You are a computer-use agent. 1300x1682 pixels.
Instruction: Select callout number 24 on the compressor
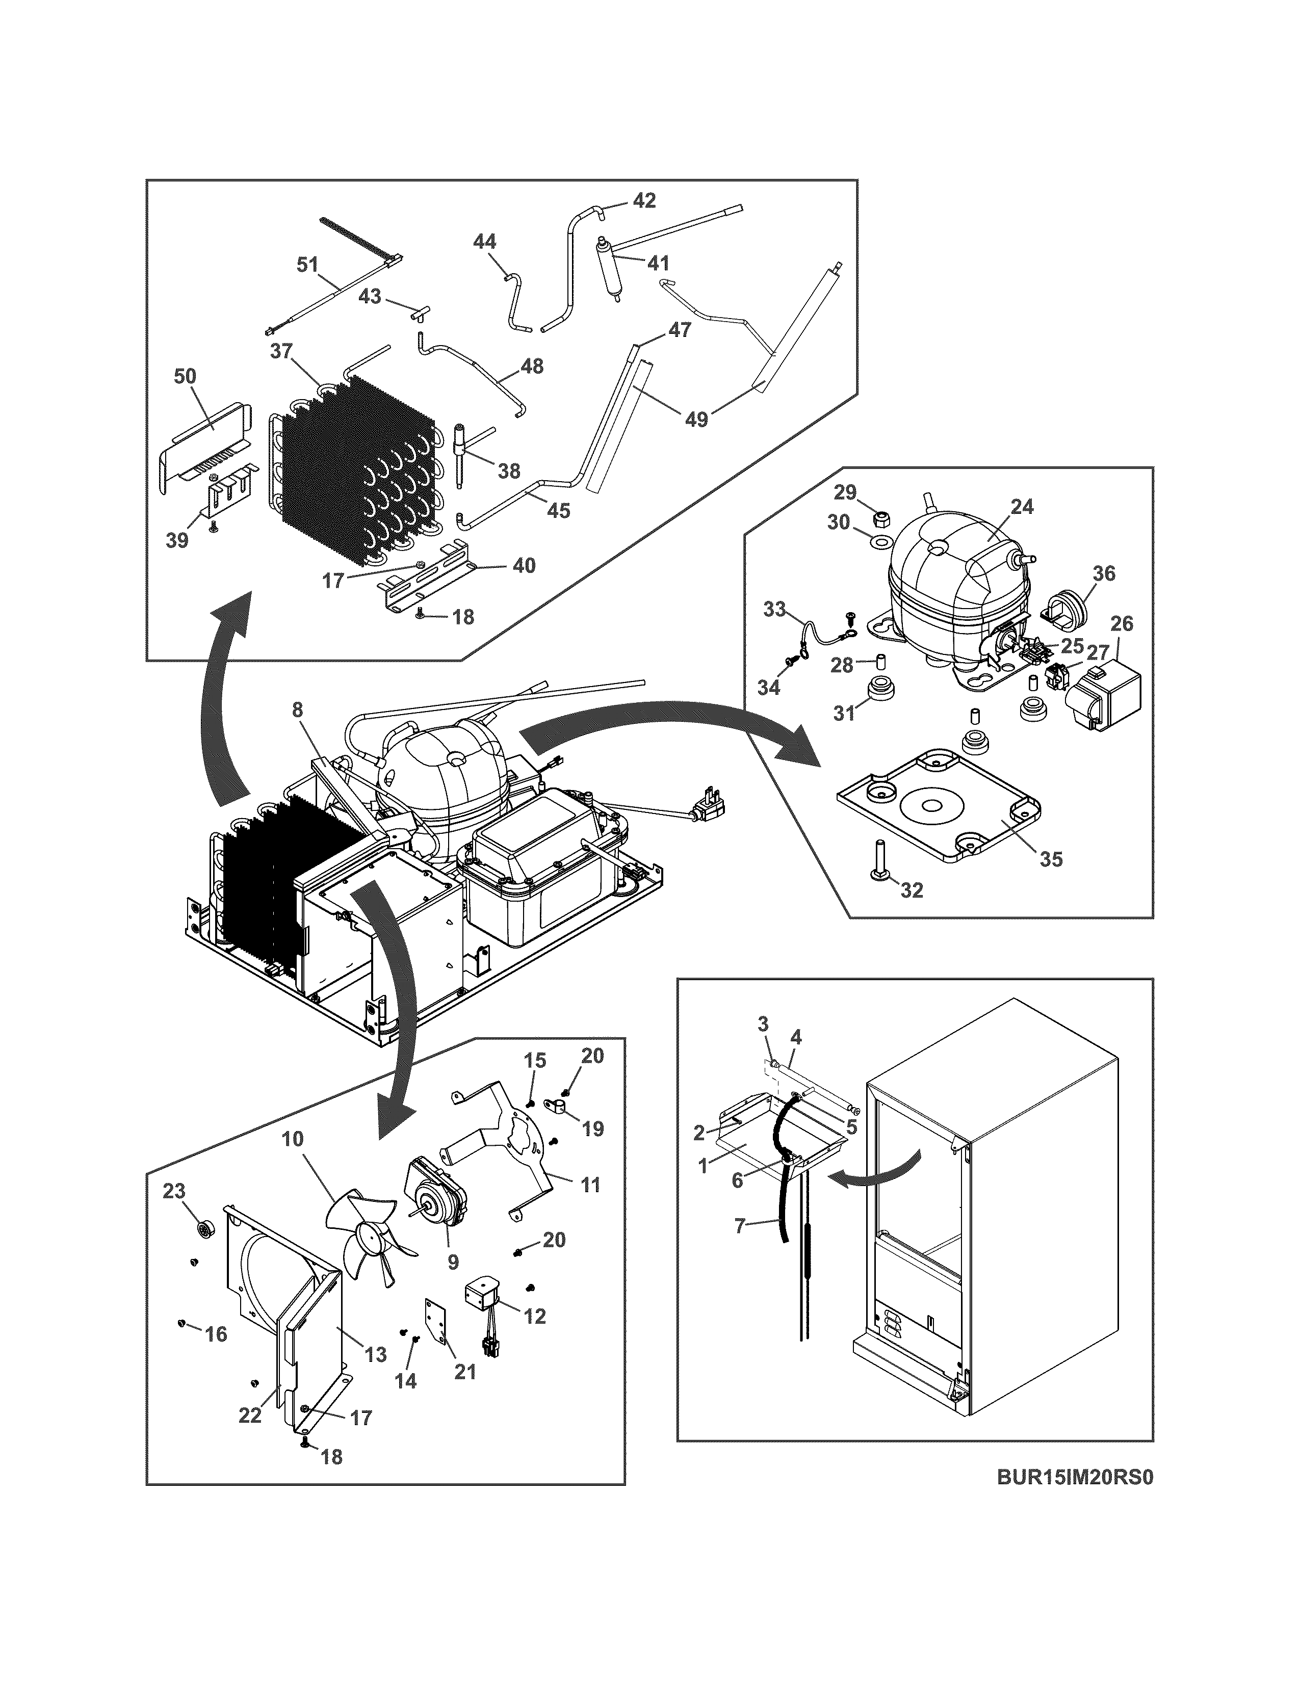tap(1022, 506)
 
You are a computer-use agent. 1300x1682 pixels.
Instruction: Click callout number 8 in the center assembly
tap(298, 709)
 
